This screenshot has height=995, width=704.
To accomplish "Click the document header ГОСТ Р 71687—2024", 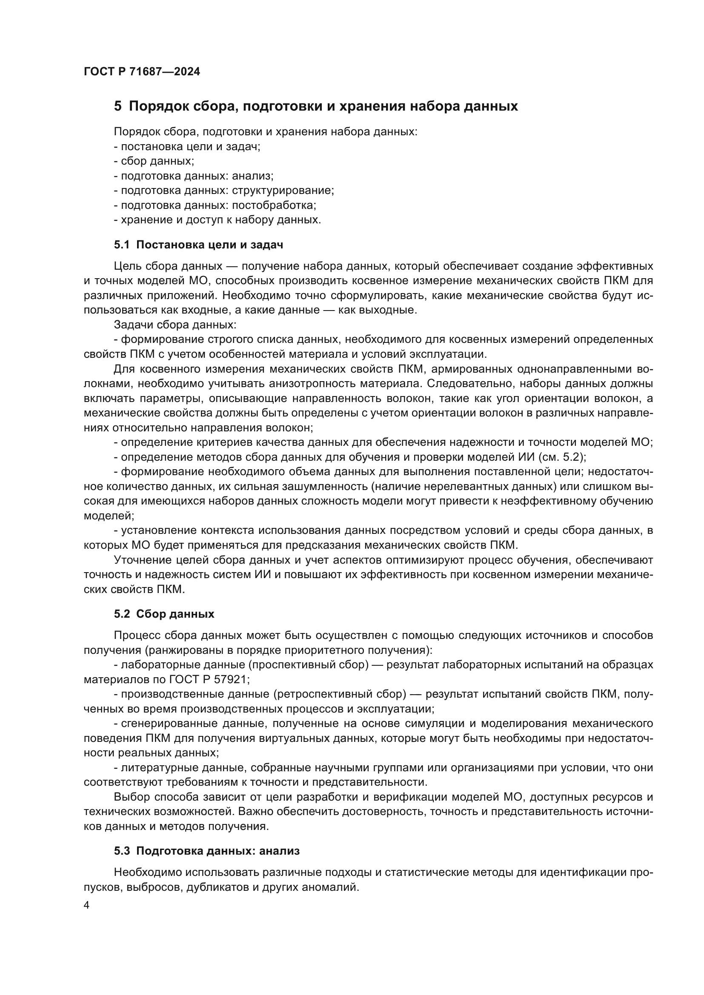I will point(142,71).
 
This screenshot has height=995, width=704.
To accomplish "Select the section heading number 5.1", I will point(122,245).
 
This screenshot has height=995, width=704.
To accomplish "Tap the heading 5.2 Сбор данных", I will point(164,614).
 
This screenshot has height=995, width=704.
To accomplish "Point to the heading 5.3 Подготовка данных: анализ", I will point(207,851).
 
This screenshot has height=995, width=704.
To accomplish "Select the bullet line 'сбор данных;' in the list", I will point(154,161).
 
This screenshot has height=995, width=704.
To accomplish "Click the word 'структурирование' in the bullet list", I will point(283,190).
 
